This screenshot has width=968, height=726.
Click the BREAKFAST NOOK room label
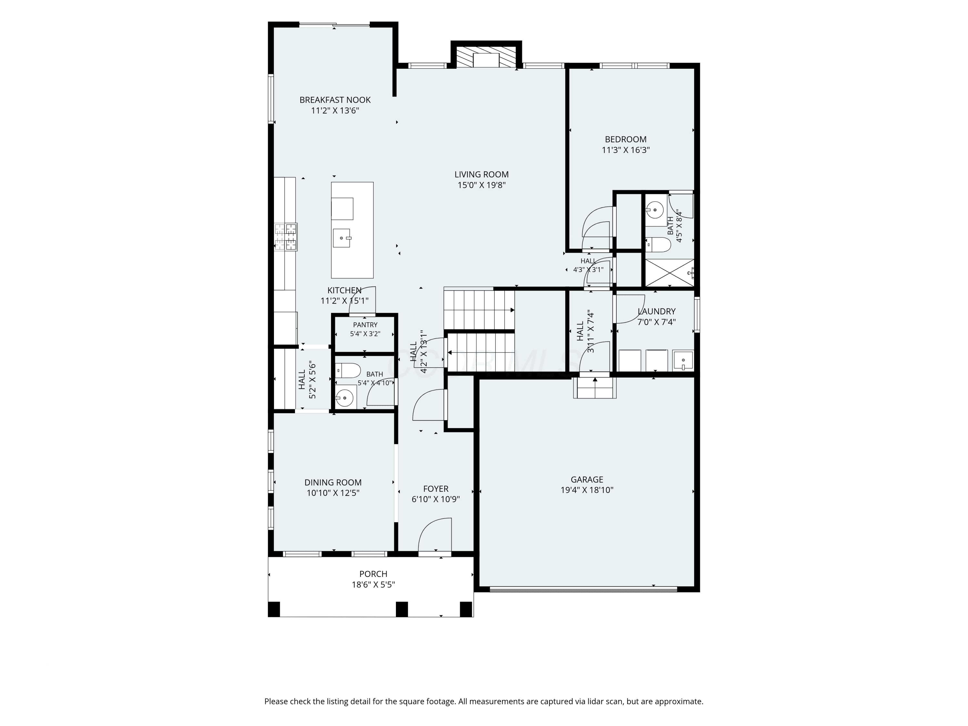click(x=335, y=100)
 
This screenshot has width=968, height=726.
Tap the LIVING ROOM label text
click(x=481, y=174)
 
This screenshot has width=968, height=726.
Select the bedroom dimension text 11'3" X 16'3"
click(x=625, y=150)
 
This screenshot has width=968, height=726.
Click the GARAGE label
click(x=587, y=479)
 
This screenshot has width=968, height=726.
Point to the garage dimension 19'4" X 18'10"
click(x=587, y=490)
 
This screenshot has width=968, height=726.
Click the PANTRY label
click(x=365, y=325)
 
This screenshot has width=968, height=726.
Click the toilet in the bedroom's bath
click(x=658, y=245)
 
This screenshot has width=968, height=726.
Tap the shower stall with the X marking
click(x=670, y=273)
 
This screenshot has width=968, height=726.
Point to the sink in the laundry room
click(x=683, y=361)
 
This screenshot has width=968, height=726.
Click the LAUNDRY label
click(x=656, y=311)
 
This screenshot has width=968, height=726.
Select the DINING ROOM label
click(x=333, y=482)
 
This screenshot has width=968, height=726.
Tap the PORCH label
click(x=373, y=574)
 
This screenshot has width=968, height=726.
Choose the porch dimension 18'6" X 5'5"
click(x=373, y=585)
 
